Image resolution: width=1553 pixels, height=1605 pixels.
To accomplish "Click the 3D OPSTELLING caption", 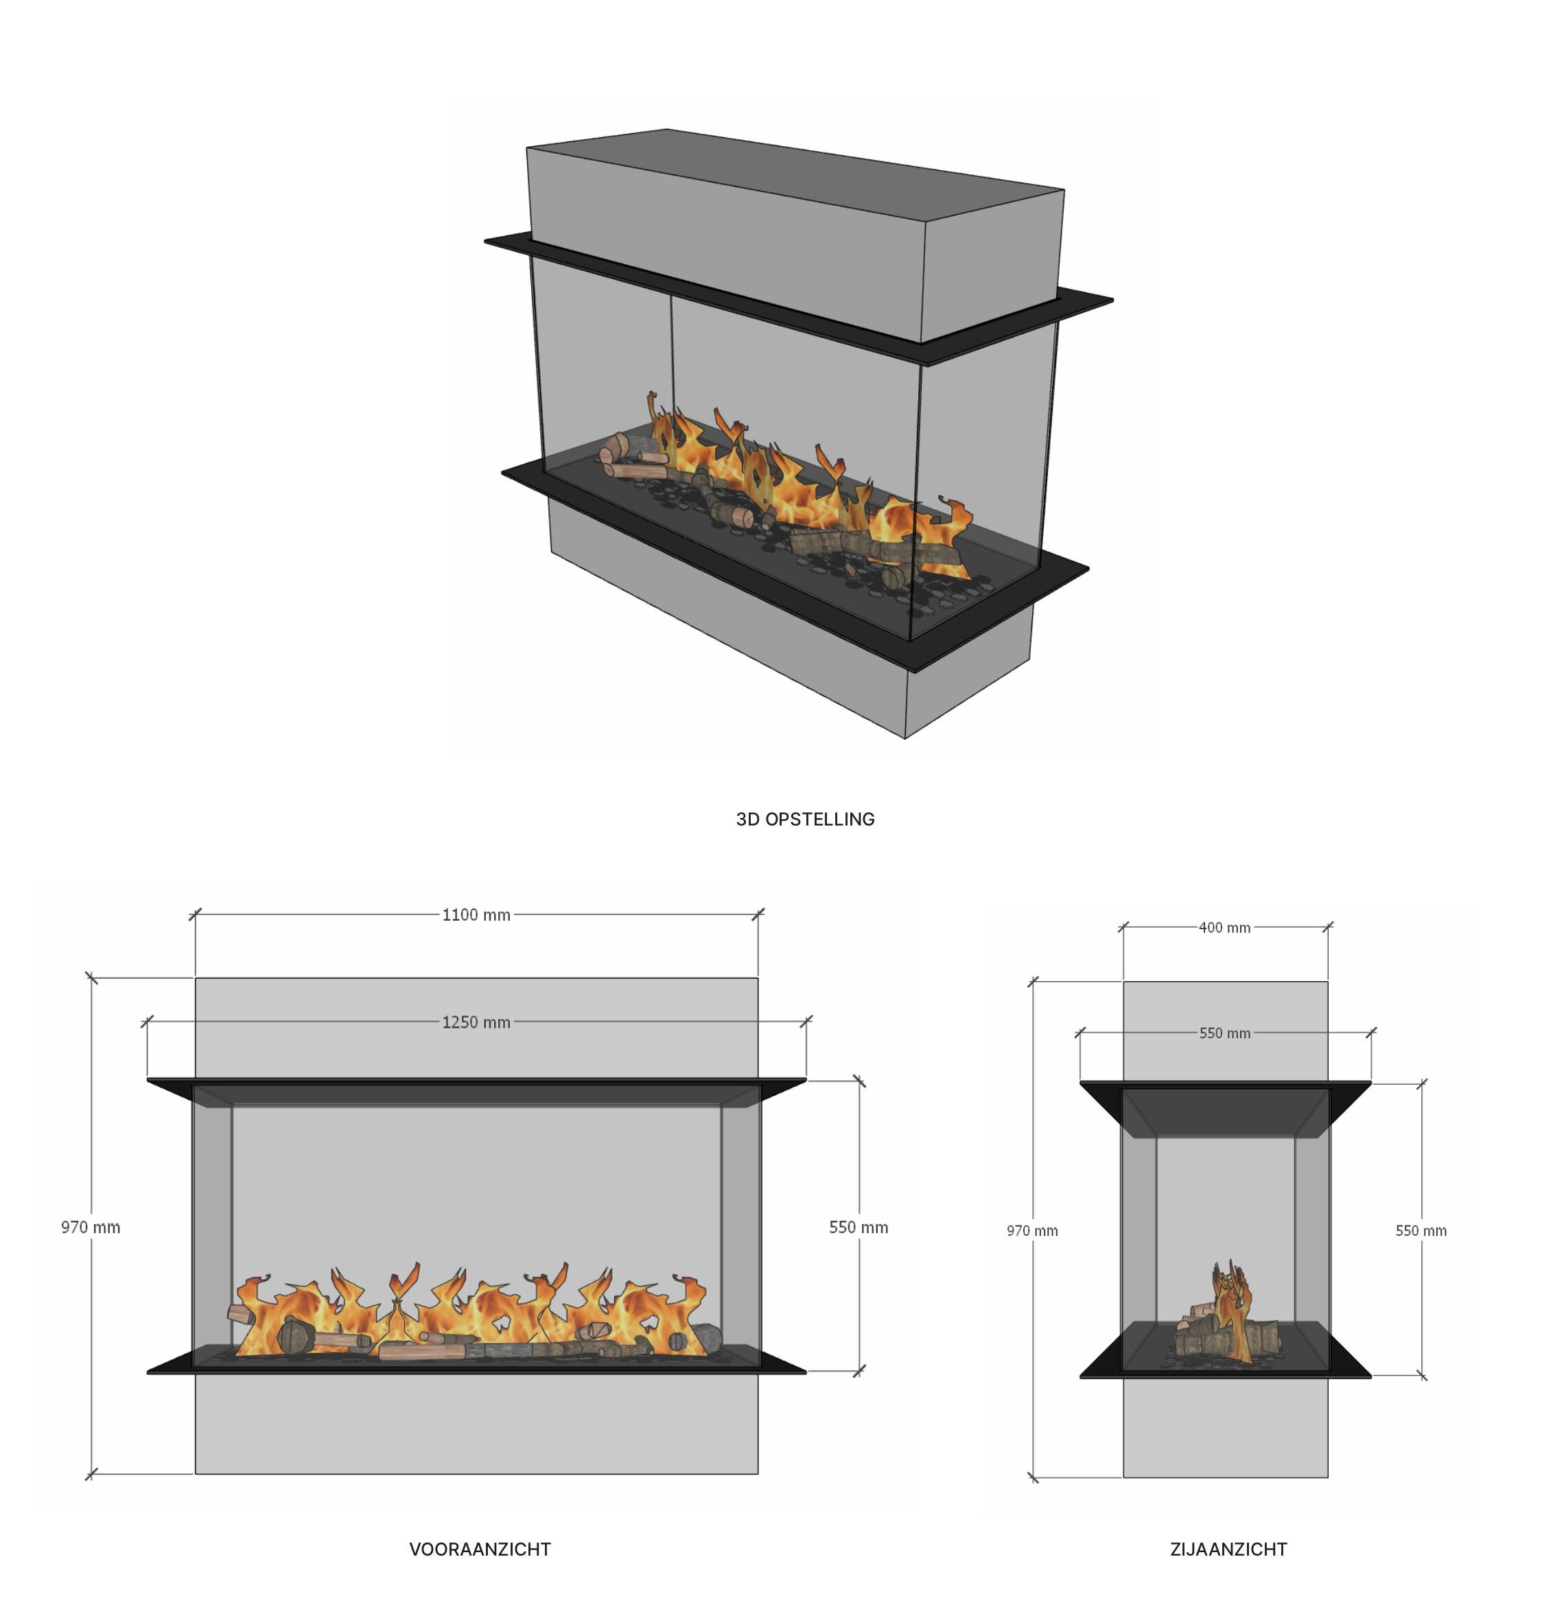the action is tap(804, 819).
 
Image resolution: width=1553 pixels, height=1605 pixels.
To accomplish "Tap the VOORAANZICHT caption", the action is tap(480, 1549).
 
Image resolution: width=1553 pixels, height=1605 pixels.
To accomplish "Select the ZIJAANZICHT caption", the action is tap(1228, 1549).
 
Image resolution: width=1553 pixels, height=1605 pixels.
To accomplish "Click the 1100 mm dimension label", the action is tap(476, 915).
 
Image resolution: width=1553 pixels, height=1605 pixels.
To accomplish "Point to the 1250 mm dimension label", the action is tap(476, 1022).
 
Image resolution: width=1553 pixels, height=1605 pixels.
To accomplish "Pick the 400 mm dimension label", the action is tap(1224, 928).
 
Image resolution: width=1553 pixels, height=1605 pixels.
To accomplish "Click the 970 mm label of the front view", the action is tap(91, 1227).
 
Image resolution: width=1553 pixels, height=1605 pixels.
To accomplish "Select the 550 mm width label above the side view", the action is tap(1224, 1033).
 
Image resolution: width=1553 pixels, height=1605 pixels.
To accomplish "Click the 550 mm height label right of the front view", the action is tap(859, 1227).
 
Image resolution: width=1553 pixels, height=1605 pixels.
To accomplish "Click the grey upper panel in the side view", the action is tap(1224, 1031).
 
